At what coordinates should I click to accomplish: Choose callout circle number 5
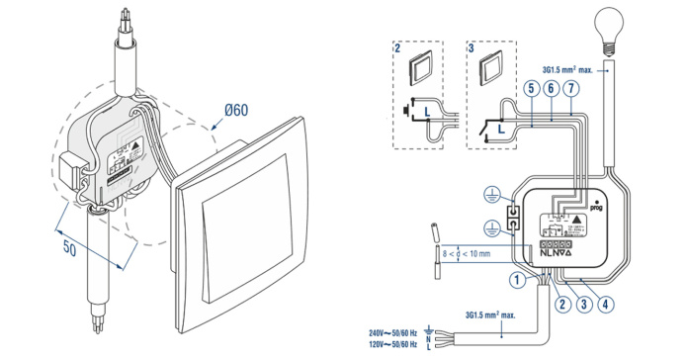pyautogui.click(x=532, y=88)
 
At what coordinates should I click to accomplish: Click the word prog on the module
pyautogui.click(x=597, y=210)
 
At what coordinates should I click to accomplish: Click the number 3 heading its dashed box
pyautogui.click(x=472, y=46)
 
